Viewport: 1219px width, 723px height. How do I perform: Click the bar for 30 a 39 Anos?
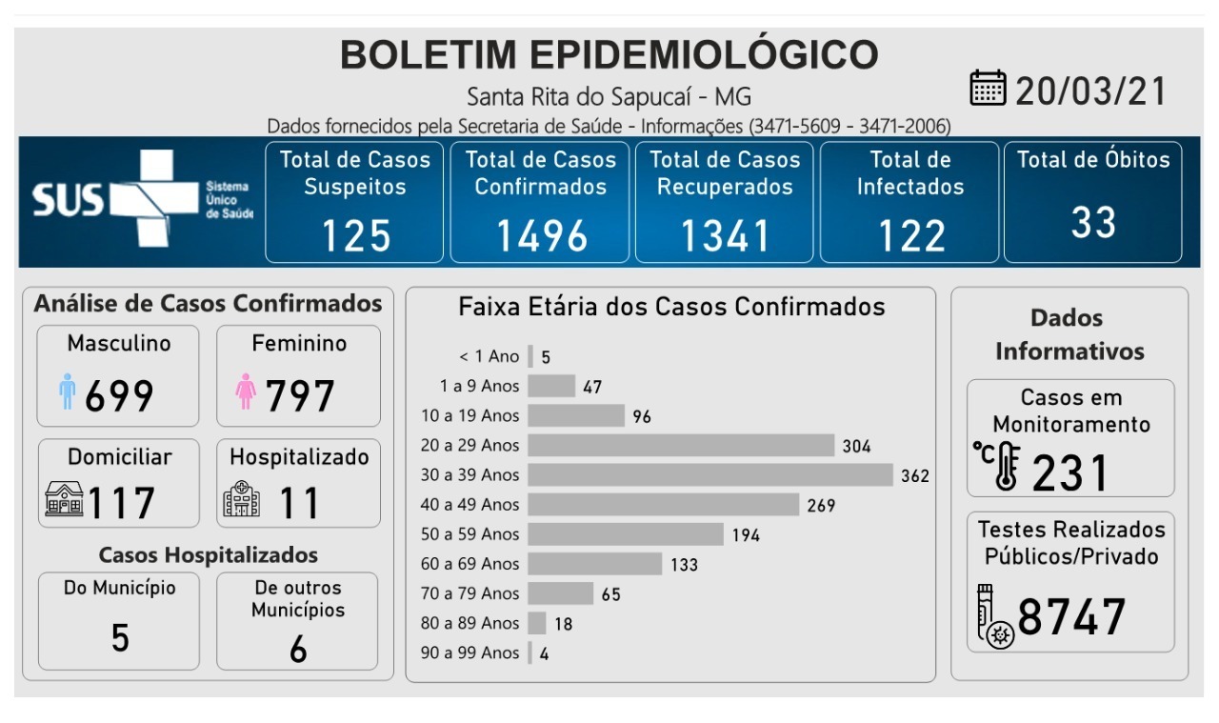[x=710, y=474]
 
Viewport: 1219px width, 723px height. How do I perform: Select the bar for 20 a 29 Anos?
[x=681, y=445]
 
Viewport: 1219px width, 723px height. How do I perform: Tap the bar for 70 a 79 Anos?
[x=560, y=593]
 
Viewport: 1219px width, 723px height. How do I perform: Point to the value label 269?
[x=821, y=505]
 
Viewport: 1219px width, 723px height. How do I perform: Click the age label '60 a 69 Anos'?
[x=470, y=564]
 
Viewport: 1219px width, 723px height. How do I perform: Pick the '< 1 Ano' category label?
[x=490, y=356]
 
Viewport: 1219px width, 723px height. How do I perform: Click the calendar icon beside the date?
[x=988, y=89]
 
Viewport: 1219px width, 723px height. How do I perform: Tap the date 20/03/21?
[x=1091, y=91]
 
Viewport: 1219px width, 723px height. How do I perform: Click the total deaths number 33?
[x=1092, y=223]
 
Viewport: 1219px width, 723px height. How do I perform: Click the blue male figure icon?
[x=67, y=392]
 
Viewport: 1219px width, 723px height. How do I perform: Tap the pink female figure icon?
[x=246, y=392]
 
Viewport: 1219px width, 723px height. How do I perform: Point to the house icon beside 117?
[x=64, y=500]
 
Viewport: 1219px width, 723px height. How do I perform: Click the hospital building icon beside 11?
[x=242, y=499]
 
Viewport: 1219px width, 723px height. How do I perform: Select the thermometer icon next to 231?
[x=999, y=466]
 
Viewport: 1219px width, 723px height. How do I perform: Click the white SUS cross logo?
[x=143, y=198]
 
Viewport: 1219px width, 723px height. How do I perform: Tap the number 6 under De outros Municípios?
[x=298, y=650]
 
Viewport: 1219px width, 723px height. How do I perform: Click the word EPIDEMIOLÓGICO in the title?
[x=704, y=55]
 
